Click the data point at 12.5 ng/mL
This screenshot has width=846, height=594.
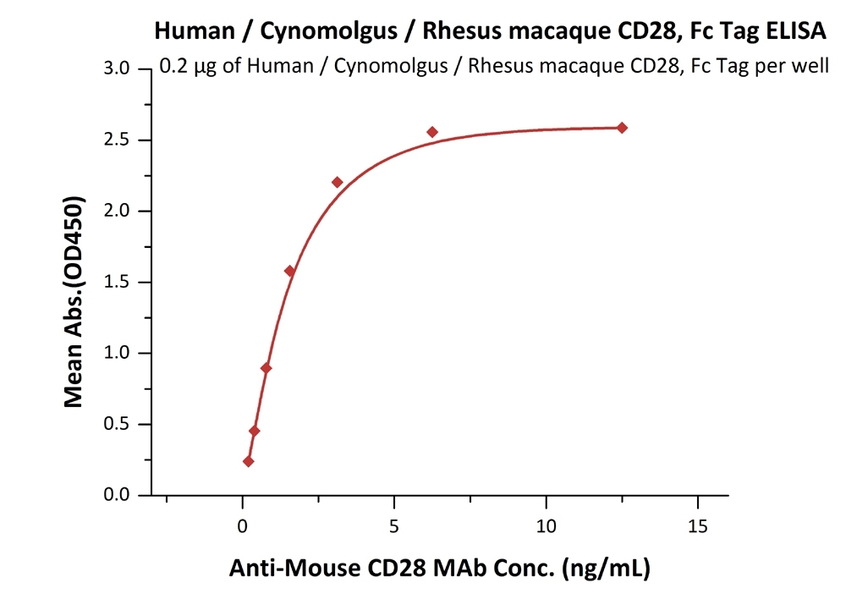[622, 128]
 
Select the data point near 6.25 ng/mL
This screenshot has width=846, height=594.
[432, 132]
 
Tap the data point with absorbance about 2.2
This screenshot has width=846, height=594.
[337, 182]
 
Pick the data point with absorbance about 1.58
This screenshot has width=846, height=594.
[289, 271]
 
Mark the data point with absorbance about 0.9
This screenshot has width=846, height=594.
[266, 368]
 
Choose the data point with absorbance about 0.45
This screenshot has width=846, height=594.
[254, 431]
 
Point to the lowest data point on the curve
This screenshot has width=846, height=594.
[248, 461]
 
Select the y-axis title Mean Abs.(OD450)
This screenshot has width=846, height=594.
[75, 303]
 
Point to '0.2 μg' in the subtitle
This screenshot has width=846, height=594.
[189, 68]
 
